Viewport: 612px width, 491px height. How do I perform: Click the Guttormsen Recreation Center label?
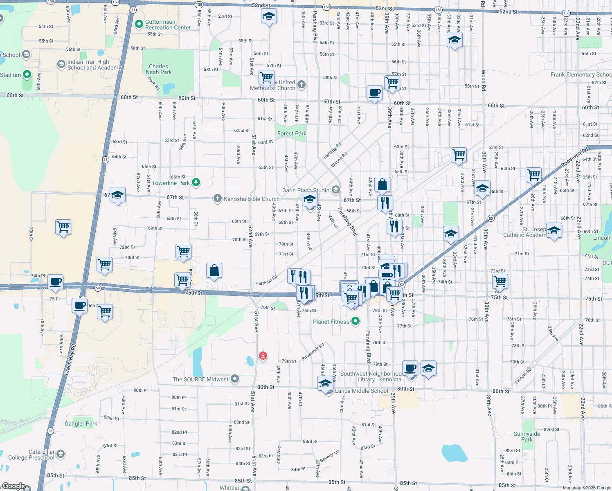(168, 25)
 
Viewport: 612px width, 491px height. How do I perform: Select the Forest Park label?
(292, 134)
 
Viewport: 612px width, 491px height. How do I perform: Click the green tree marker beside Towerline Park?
(196, 182)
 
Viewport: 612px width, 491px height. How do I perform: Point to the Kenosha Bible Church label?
(251, 199)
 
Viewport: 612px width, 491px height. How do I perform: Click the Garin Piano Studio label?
(306, 191)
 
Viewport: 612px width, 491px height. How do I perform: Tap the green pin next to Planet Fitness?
(355, 322)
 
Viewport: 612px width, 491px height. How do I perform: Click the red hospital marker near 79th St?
(263, 356)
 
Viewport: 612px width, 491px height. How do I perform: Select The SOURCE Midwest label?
(200, 380)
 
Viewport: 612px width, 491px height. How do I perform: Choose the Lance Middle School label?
(361, 391)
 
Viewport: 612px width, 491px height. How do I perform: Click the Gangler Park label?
(81, 424)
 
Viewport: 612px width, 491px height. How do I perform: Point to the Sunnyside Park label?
(527, 437)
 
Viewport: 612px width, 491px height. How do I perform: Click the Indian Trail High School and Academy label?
(94, 65)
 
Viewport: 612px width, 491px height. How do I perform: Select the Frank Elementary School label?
(581, 75)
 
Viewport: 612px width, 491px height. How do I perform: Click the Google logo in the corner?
(14, 486)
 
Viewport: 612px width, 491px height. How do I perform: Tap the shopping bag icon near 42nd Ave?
(382, 185)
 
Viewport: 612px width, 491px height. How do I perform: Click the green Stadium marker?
(27, 74)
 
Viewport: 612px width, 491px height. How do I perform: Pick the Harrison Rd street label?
(266, 280)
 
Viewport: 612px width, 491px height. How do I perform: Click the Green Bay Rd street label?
(70, 359)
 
